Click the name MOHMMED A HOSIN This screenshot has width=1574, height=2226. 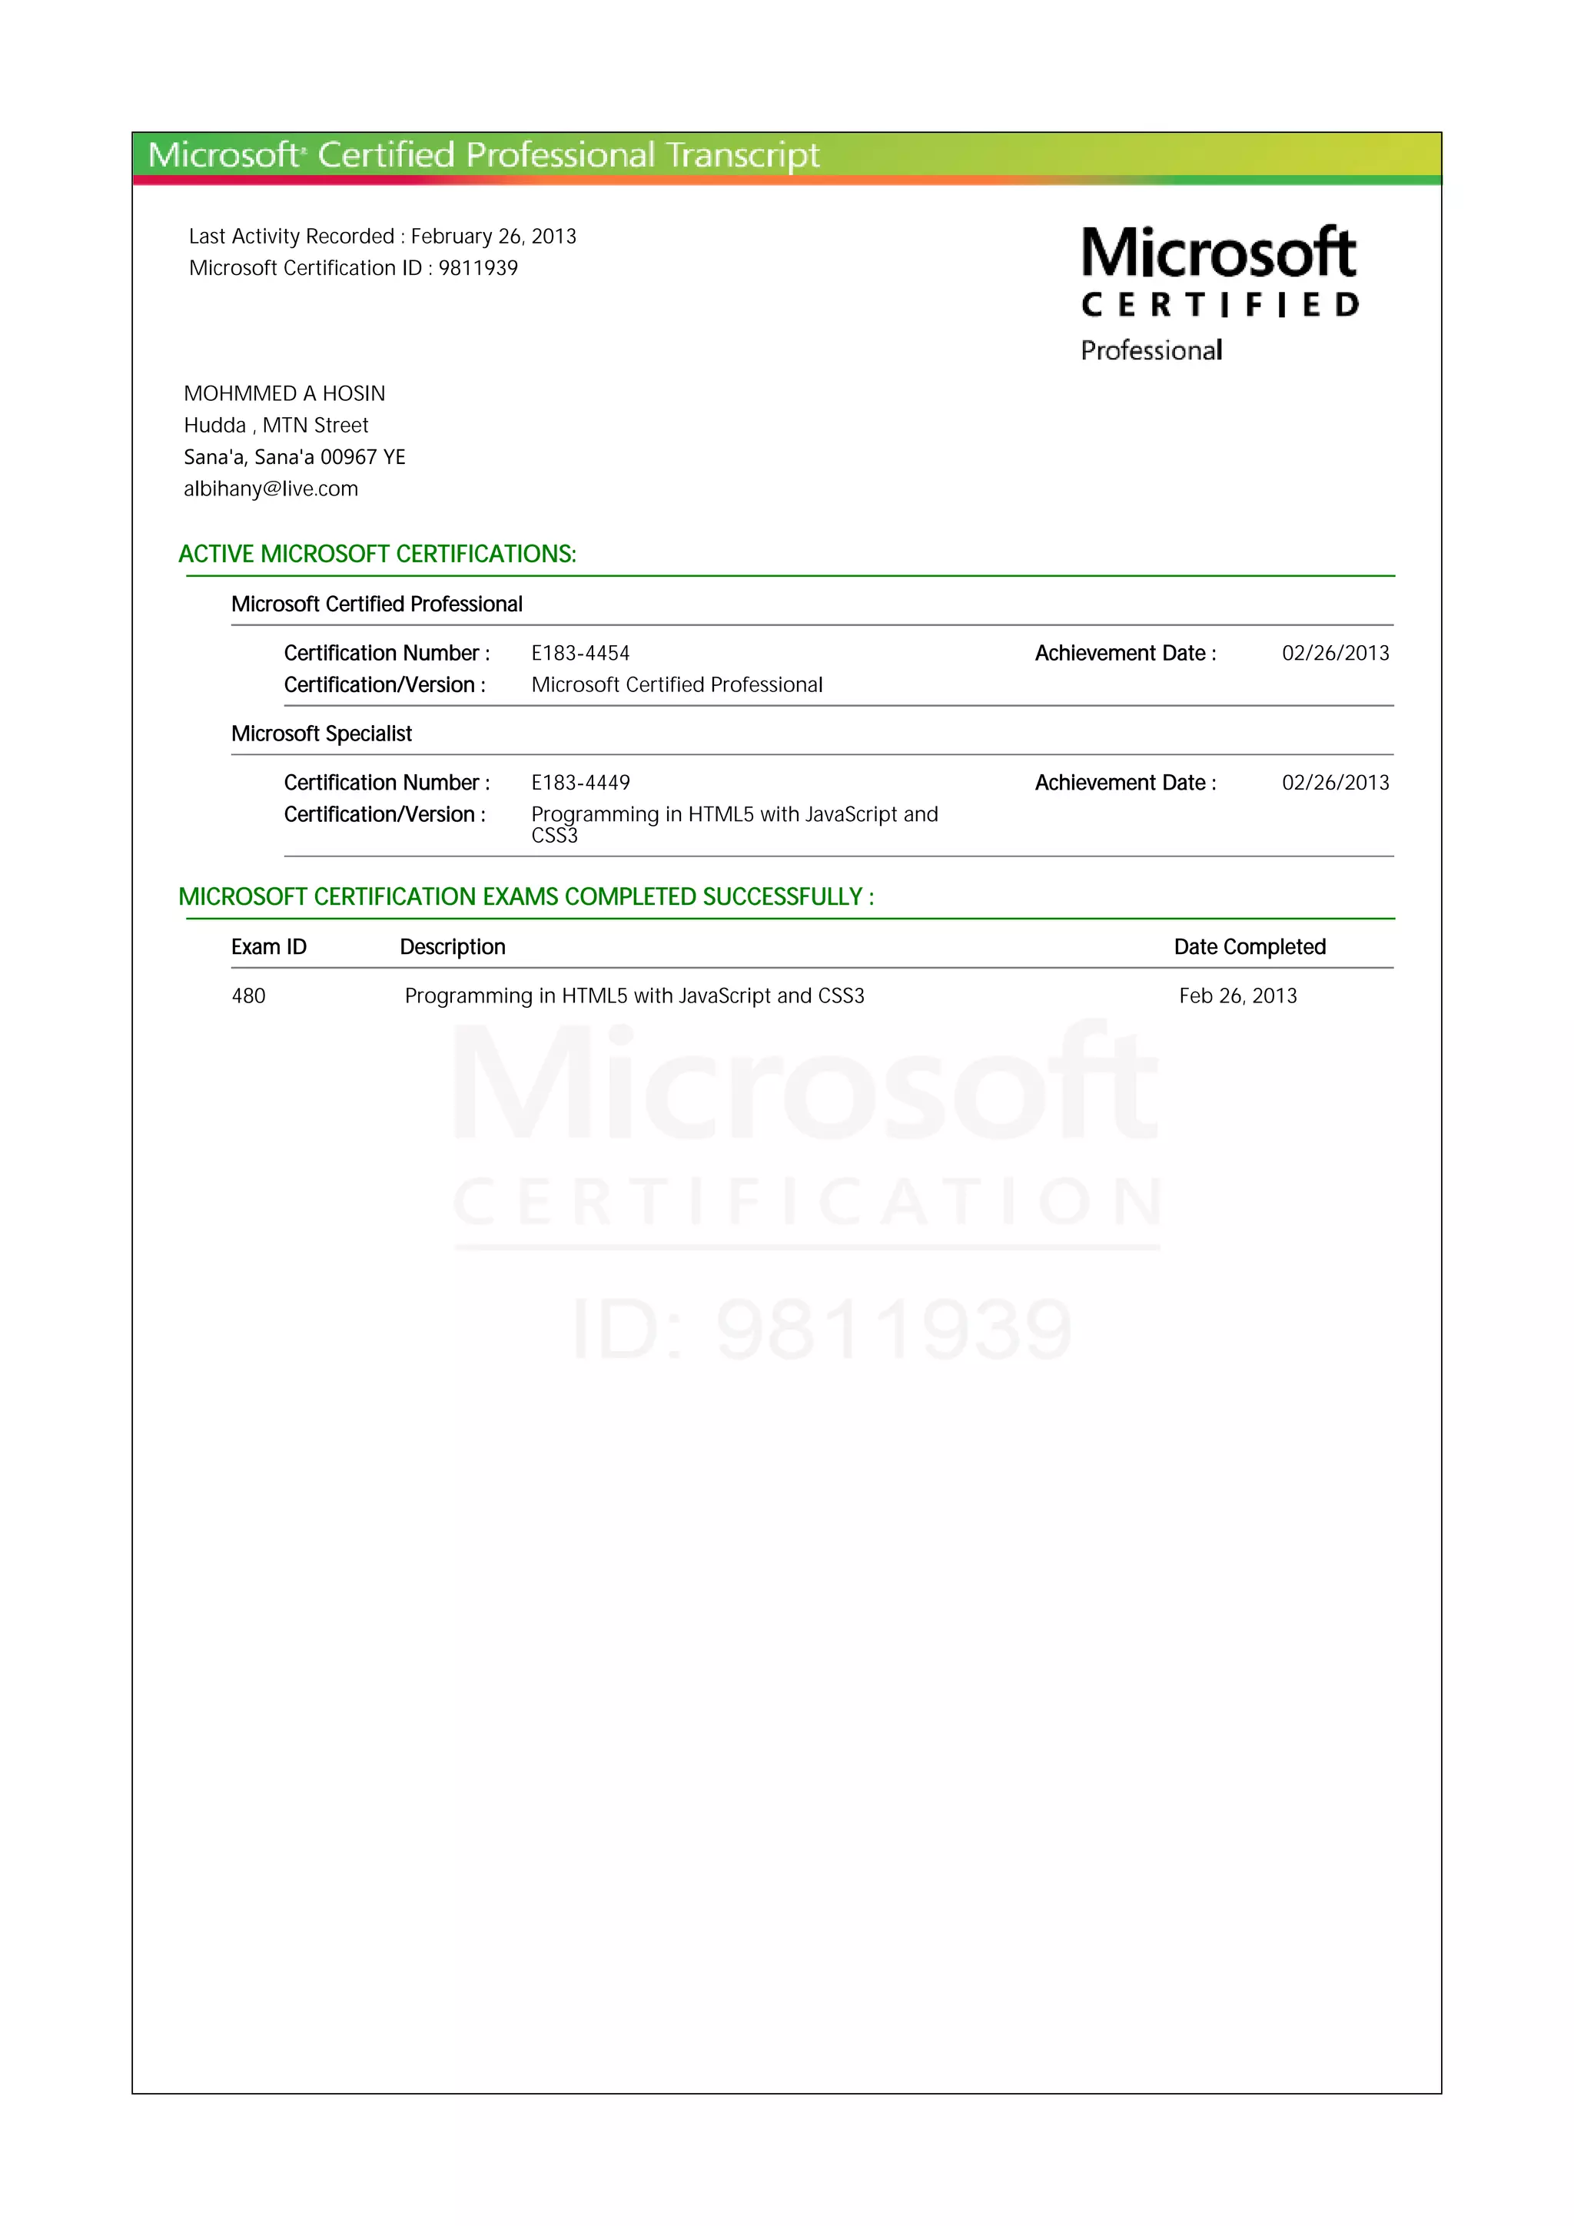[x=284, y=393]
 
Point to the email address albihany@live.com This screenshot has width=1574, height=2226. [x=271, y=489]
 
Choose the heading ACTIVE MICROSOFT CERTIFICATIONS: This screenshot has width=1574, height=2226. [x=377, y=554]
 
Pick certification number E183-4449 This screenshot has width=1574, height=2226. [x=580, y=783]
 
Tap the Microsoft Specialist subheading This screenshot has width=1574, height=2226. [x=321, y=733]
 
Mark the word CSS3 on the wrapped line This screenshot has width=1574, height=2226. [x=554, y=836]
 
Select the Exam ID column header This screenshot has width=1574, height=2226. [x=269, y=946]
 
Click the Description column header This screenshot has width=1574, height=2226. [x=452, y=946]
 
